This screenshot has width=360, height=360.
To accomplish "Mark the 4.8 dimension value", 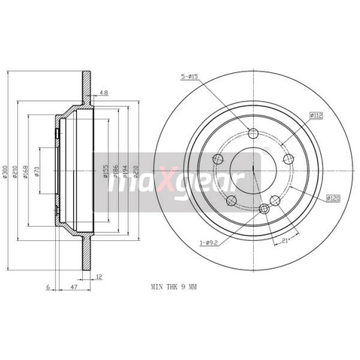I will point(104,94).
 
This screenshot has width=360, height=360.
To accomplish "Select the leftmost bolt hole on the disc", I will point(218,159).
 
